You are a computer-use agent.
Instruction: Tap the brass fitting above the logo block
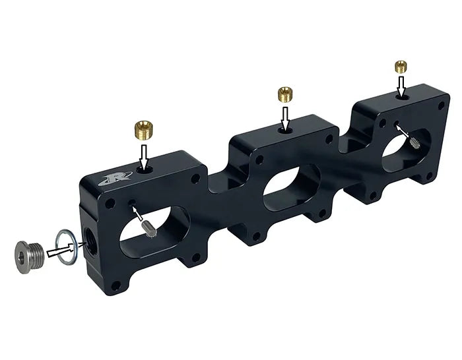coord(143,127)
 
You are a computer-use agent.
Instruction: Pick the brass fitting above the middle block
coord(286,94)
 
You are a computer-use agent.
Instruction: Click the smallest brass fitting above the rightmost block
coord(401,66)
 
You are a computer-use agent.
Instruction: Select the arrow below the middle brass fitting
coord(285,118)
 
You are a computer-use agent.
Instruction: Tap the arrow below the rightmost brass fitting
coord(401,86)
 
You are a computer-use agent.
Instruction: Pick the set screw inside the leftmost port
coord(149,227)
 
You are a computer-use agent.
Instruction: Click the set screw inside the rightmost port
coord(414,141)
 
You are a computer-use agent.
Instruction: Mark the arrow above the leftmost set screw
coord(138,213)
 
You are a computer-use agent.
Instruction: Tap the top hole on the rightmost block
coord(401,97)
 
